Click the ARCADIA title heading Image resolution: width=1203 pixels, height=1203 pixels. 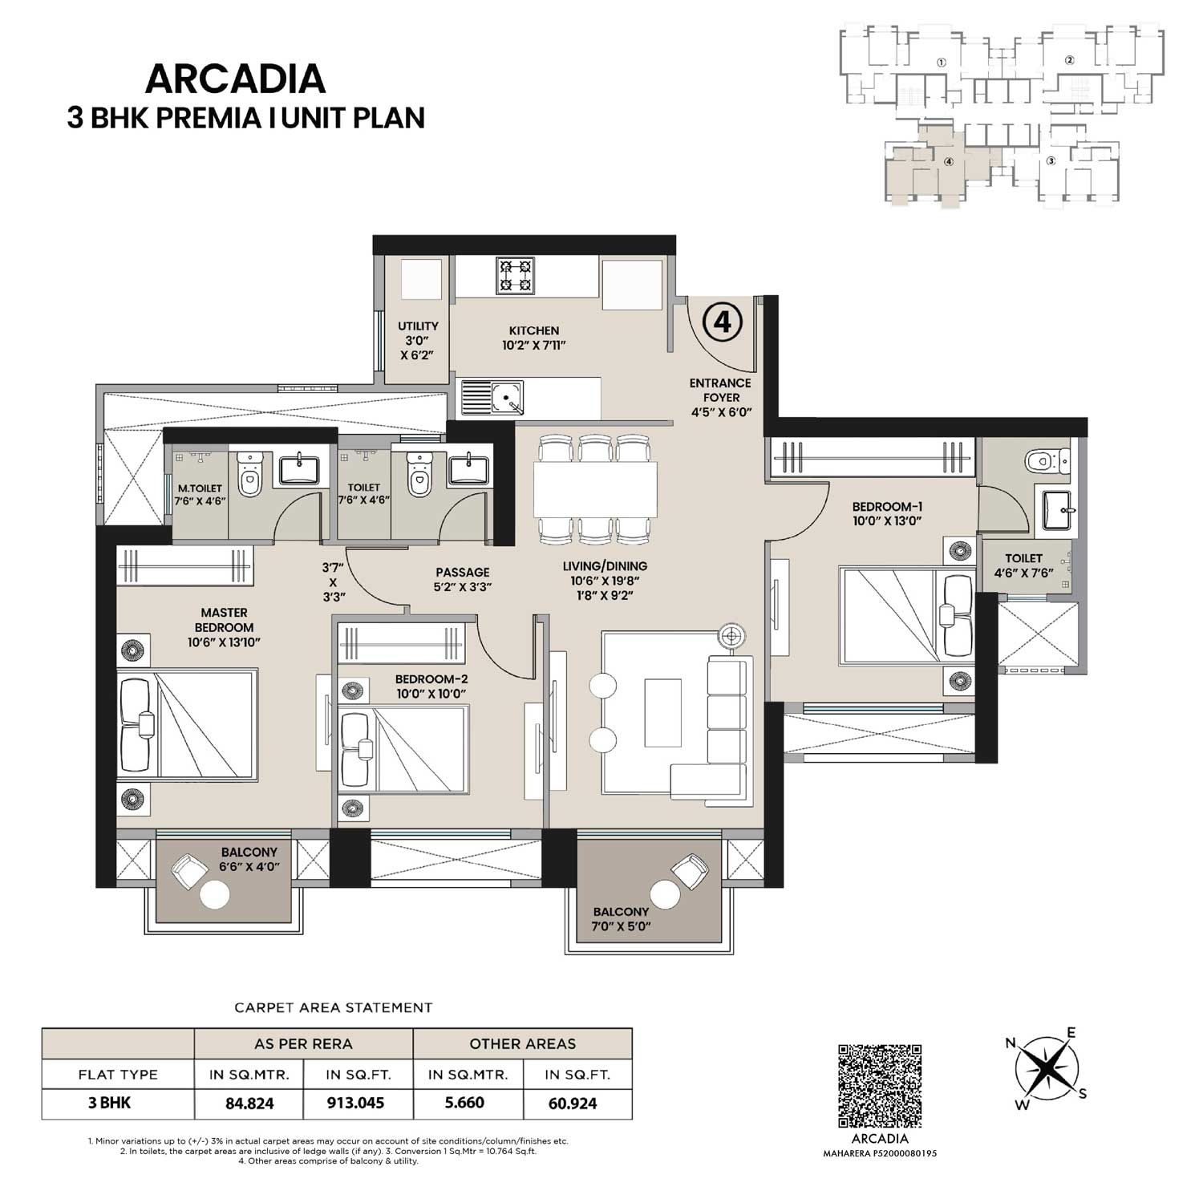(235, 79)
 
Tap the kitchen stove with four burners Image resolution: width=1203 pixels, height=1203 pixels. (516, 275)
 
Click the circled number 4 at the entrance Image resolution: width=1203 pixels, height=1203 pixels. (722, 322)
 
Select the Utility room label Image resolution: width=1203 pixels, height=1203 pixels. (418, 326)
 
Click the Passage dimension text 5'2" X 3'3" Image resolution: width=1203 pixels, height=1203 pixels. (463, 586)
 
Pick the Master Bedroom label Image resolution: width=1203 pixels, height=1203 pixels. (224, 620)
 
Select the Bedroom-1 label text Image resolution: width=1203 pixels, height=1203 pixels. (886, 507)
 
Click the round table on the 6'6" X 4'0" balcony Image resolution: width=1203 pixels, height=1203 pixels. (215, 895)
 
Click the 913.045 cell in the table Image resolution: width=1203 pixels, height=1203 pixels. (355, 1103)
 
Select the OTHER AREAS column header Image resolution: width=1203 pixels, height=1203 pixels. (522, 1043)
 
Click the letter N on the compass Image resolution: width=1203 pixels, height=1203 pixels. (1011, 1043)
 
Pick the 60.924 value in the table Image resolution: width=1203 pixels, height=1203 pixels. (573, 1103)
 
